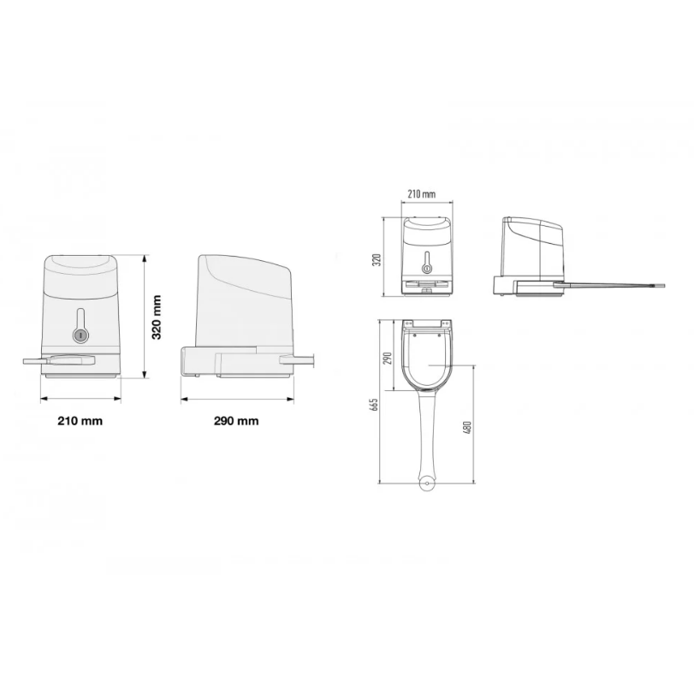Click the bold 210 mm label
tap(80, 421)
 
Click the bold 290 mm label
tap(236, 421)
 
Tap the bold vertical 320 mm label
tap(157, 317)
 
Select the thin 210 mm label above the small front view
tap(421, 194)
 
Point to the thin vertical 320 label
tap(377, 259)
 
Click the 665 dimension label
tap(375, 405)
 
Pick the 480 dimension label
tap(467, 428)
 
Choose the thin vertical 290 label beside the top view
tap(388, 358)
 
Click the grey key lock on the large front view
tap(80, 335)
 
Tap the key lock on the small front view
tap(427, 269)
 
